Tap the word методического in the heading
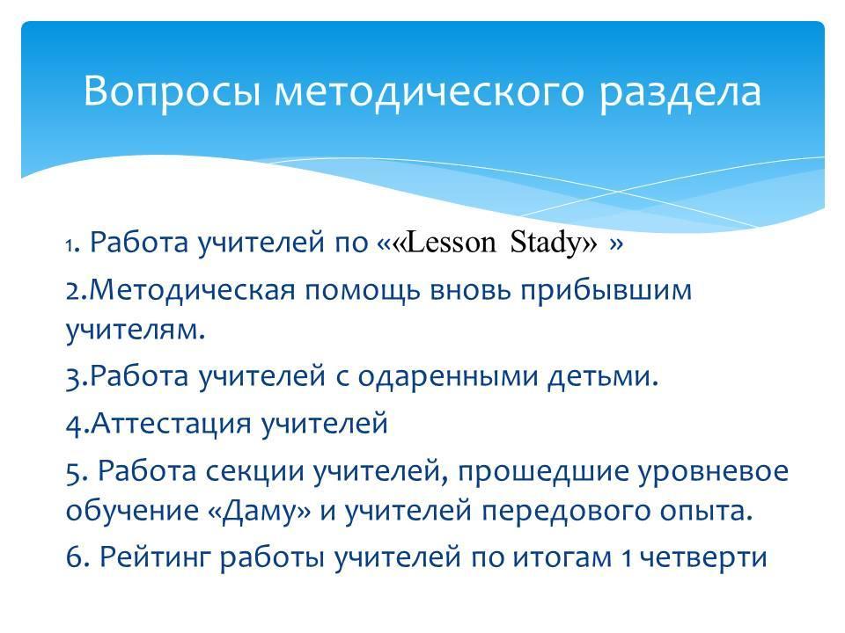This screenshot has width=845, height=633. point(430,91)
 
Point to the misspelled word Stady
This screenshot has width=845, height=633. point(549,244)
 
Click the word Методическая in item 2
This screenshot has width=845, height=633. point(192,290)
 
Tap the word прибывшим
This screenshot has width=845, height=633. point(606,291)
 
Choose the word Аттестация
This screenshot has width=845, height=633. point(171,424)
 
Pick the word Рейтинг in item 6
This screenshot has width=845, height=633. point(153,557)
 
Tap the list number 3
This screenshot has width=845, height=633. point(75,377)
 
